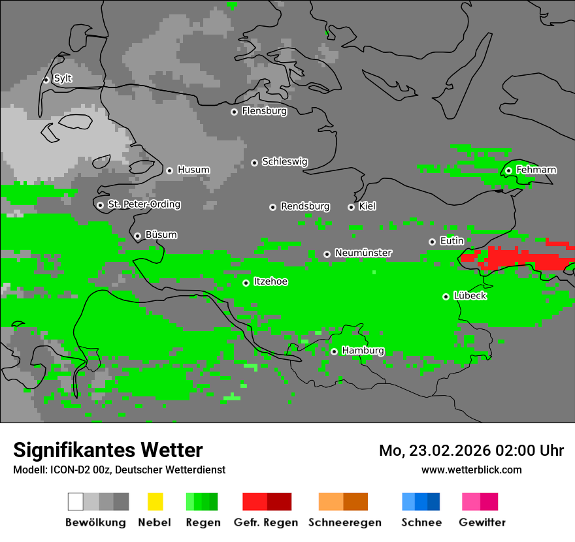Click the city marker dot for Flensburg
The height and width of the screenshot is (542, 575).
[x=234, y=112]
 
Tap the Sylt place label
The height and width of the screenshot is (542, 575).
[x=63, y=78]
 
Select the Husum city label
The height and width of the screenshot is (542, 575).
[x=193, y=170]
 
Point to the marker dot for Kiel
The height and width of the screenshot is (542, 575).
[x=351, y=207]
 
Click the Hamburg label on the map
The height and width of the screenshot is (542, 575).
[x=363, y=351]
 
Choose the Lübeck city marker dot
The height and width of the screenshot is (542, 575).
[x=446, y=296]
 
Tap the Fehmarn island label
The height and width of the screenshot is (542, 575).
[x=536, y=170]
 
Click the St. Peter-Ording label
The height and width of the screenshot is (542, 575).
[x=144, y=204]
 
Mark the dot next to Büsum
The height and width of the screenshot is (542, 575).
[x=137, y=236]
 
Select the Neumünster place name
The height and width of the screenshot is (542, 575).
[x=363, y=253]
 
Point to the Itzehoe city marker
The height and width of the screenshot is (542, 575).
[x=246, y=283]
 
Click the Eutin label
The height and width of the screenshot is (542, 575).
[x=452, y=241]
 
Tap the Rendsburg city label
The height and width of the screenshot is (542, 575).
[x=305, y=206]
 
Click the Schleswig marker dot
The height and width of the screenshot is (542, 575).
[x=254, y=163]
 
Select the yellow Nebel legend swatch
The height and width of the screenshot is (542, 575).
[x=155, y=502]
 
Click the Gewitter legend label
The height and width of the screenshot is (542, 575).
[x=482, y=522]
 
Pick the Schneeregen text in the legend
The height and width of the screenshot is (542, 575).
[x=344, y=522]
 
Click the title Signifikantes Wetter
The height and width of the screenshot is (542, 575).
[x=108, y=450]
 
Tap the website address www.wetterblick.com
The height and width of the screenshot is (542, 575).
[x=471, y=470]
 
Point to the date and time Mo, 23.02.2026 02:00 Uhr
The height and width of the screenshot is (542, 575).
[x=471, y=451]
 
